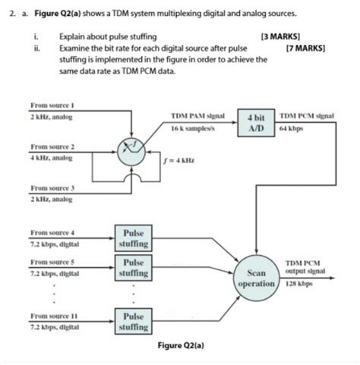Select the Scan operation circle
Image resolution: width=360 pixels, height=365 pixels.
[256, 278]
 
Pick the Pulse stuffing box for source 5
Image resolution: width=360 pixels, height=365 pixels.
[134, 267]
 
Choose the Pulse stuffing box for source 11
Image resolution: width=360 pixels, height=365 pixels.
[134, 321]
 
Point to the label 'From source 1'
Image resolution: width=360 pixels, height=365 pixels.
[50, 108]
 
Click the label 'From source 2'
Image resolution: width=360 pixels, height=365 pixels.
[51, 146]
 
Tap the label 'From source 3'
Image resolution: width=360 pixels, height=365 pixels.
[51, 186]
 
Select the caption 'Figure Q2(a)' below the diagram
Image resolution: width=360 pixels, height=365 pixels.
[181, 346]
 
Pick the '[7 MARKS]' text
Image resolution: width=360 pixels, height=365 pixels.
[306, 47]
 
